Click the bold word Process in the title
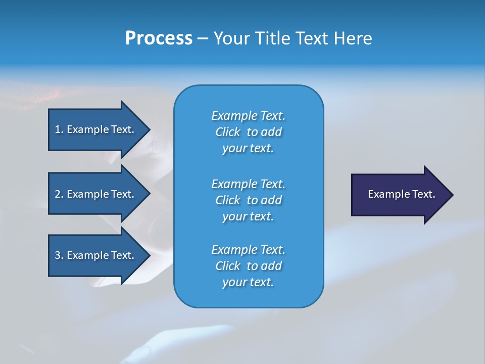point(159,38)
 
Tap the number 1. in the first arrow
point(59,129)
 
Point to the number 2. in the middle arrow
point(59,194)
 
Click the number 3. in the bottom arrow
point(59,255)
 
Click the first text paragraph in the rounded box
point(248,132)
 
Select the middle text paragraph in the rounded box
point(248,200)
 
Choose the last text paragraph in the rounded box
point(248,266)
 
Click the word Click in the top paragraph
point(228,132)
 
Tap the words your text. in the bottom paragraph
point(248,282)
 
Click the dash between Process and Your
point(203,38)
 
